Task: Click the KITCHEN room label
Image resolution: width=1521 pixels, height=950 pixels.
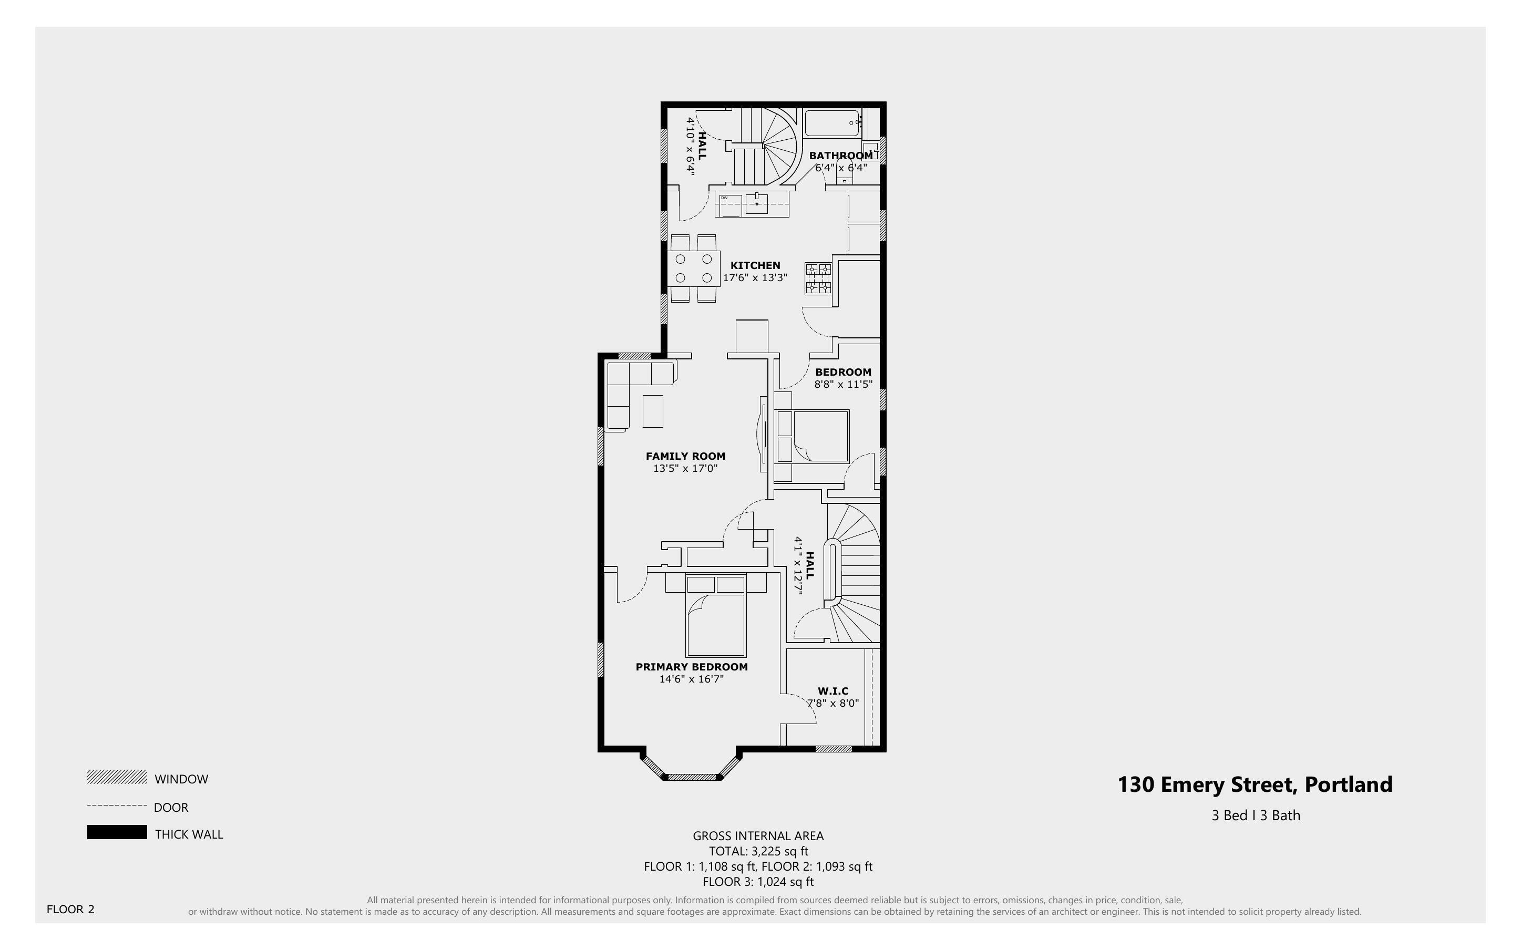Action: click(755, 266)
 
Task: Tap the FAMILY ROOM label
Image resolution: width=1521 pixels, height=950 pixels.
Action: click(685, 456)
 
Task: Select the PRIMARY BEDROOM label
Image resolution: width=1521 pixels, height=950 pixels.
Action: click(691, 667)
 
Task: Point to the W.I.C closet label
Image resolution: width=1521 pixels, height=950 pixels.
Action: click(833, 691)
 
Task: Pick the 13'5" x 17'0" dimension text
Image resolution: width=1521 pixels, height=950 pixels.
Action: click(685, 469)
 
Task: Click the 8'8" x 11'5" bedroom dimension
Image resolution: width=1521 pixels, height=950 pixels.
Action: click(843, 385)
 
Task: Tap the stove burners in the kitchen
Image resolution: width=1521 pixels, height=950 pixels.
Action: click(818, 280)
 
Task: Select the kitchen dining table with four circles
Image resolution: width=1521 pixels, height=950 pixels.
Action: click(694, 269)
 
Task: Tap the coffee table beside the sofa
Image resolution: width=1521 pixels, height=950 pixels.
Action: click(653, 411)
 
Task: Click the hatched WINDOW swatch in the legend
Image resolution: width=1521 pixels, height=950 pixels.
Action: click(117, 778)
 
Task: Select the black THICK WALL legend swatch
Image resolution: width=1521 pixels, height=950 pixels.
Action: click(117, 832)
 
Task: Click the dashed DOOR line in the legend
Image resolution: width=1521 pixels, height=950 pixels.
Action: click(117, 806)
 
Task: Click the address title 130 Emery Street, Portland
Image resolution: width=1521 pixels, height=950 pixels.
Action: click(1255, 785)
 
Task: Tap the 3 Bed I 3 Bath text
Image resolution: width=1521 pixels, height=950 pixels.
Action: click(1255, 815)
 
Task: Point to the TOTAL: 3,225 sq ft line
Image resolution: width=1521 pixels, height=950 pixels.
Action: click(758, 851)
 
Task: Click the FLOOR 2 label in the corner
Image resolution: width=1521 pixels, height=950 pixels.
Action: click(70, 909)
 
